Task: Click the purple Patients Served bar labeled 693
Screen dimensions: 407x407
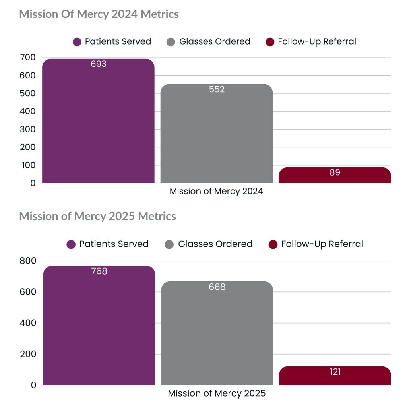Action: tap(98, 123)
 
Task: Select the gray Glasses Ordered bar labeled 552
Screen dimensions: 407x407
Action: tap(217, 135)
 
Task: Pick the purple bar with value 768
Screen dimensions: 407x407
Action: tap(99, 326)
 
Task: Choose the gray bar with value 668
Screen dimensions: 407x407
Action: tap(217, 334)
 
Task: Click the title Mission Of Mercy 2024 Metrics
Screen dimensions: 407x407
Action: tap(99, 14)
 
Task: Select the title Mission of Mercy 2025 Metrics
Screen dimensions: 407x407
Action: tap(97, 217)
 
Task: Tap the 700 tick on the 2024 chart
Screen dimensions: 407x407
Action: tap(27, 58)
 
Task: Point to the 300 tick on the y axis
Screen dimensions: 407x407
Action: tap(27, 129)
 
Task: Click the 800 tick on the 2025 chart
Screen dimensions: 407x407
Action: tap(27, 261)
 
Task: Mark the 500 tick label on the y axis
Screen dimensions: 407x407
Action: tap(27, 93)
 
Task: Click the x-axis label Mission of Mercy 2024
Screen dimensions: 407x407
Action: tap(216, 191)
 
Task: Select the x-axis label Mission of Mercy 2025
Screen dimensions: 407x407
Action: tap(216, 394)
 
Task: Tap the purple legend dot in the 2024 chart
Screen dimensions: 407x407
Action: tap(77, 42)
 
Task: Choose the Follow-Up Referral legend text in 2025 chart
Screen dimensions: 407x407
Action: tap(322, 244)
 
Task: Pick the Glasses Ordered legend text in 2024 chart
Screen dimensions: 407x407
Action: tap(215, 41)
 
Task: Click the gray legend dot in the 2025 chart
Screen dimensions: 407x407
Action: tap(169, 244)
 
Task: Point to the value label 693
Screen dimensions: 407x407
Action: tap(99, 64)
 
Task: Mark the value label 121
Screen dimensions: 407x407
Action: tap(335, 372)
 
